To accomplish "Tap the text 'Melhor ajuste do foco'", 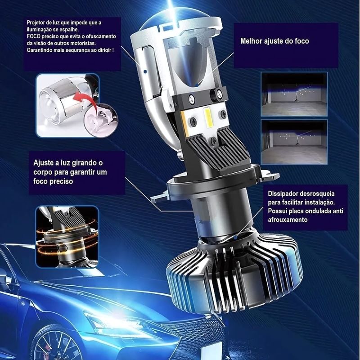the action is tap(274, 41).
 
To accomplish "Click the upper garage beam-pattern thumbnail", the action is tap(294, 94).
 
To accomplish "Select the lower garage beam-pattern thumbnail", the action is tap(294, 142).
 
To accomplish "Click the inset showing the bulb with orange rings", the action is tap(67, 237).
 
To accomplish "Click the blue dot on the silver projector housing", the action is tap(145, 72).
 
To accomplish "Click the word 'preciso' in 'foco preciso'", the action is tap(62, 181).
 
